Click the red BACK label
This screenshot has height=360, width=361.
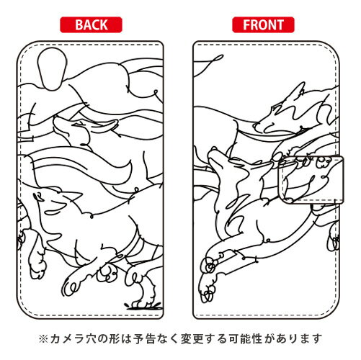point(91,24)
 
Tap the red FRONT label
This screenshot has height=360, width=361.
point(262,24)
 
